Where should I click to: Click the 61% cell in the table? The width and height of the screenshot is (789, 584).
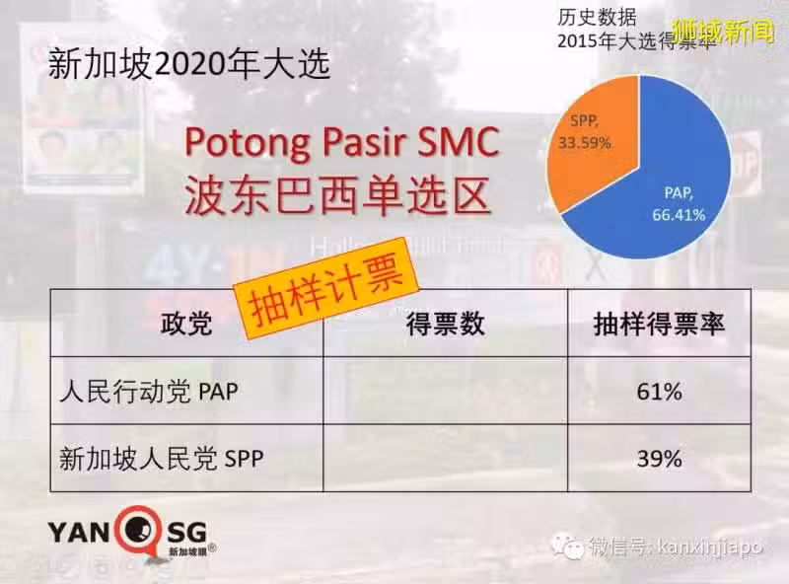(x=659, y=392)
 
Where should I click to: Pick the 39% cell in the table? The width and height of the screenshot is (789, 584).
(x=659, y=459)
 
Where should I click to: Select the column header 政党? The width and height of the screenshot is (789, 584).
(x=186, y=324)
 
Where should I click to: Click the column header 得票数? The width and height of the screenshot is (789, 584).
(x=446, y=324)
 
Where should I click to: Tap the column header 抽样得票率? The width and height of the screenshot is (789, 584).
(x=659, y=324)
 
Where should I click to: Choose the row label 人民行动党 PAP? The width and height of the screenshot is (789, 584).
(x=149, y=392)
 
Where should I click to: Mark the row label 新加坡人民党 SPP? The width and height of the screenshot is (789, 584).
(x=162, y=458)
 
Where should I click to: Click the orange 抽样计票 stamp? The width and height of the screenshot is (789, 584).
(x=327, y=287)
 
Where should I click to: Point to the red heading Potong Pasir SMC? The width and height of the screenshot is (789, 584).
(x=342, y=142)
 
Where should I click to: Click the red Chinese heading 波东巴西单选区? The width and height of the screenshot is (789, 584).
(x=337, y=196)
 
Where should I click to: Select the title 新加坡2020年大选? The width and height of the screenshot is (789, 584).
(x=189, y=64)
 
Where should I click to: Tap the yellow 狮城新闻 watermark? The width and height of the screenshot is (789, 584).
(x=723, y=33)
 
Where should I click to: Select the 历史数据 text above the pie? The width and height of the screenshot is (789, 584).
(x=597, y=18)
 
